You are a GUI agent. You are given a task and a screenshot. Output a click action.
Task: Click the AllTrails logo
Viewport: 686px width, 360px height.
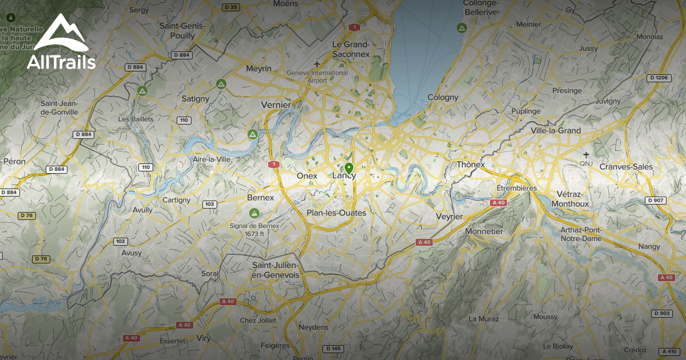(x=61, y=43)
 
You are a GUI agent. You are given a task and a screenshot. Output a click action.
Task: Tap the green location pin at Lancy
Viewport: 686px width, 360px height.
(x=349, y=169)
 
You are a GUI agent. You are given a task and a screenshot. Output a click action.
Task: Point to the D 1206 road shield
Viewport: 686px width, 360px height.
(x=658, y=78)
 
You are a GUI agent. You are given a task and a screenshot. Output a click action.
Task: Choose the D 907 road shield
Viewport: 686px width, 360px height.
(x=656, y=200)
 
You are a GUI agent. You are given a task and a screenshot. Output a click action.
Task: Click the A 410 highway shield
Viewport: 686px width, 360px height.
(x=668, y=351)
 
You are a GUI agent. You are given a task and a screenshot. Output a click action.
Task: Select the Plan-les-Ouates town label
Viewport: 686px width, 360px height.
(x=336, y=213)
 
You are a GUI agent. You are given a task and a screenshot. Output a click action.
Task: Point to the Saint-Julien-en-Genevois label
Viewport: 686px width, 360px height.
(x=276, y=270)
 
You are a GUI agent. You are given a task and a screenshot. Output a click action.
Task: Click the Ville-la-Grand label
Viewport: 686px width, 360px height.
(x=556, y=130)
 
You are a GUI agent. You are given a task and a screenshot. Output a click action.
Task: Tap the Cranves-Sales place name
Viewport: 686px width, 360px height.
(x=626, y=166)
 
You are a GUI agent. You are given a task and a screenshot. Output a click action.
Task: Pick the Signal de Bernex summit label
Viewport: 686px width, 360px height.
(x=254, y=230)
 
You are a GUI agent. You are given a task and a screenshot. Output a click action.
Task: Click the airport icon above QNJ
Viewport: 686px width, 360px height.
(x=586, y=154)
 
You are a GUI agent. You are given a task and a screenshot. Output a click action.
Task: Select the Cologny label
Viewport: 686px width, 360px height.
(x=443, y=97)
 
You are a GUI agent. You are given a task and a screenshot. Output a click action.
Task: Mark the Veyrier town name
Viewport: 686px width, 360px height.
(x=449, y=216)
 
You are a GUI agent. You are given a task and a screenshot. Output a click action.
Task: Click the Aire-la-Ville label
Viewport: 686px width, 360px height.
(x=212, y=159)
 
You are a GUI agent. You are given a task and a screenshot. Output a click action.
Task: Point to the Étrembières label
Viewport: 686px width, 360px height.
(x=516, y=188)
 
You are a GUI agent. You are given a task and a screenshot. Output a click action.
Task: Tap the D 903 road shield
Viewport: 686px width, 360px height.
(x=662, y=313)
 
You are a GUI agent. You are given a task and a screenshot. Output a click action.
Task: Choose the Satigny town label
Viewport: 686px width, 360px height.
(x=196, y=98)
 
